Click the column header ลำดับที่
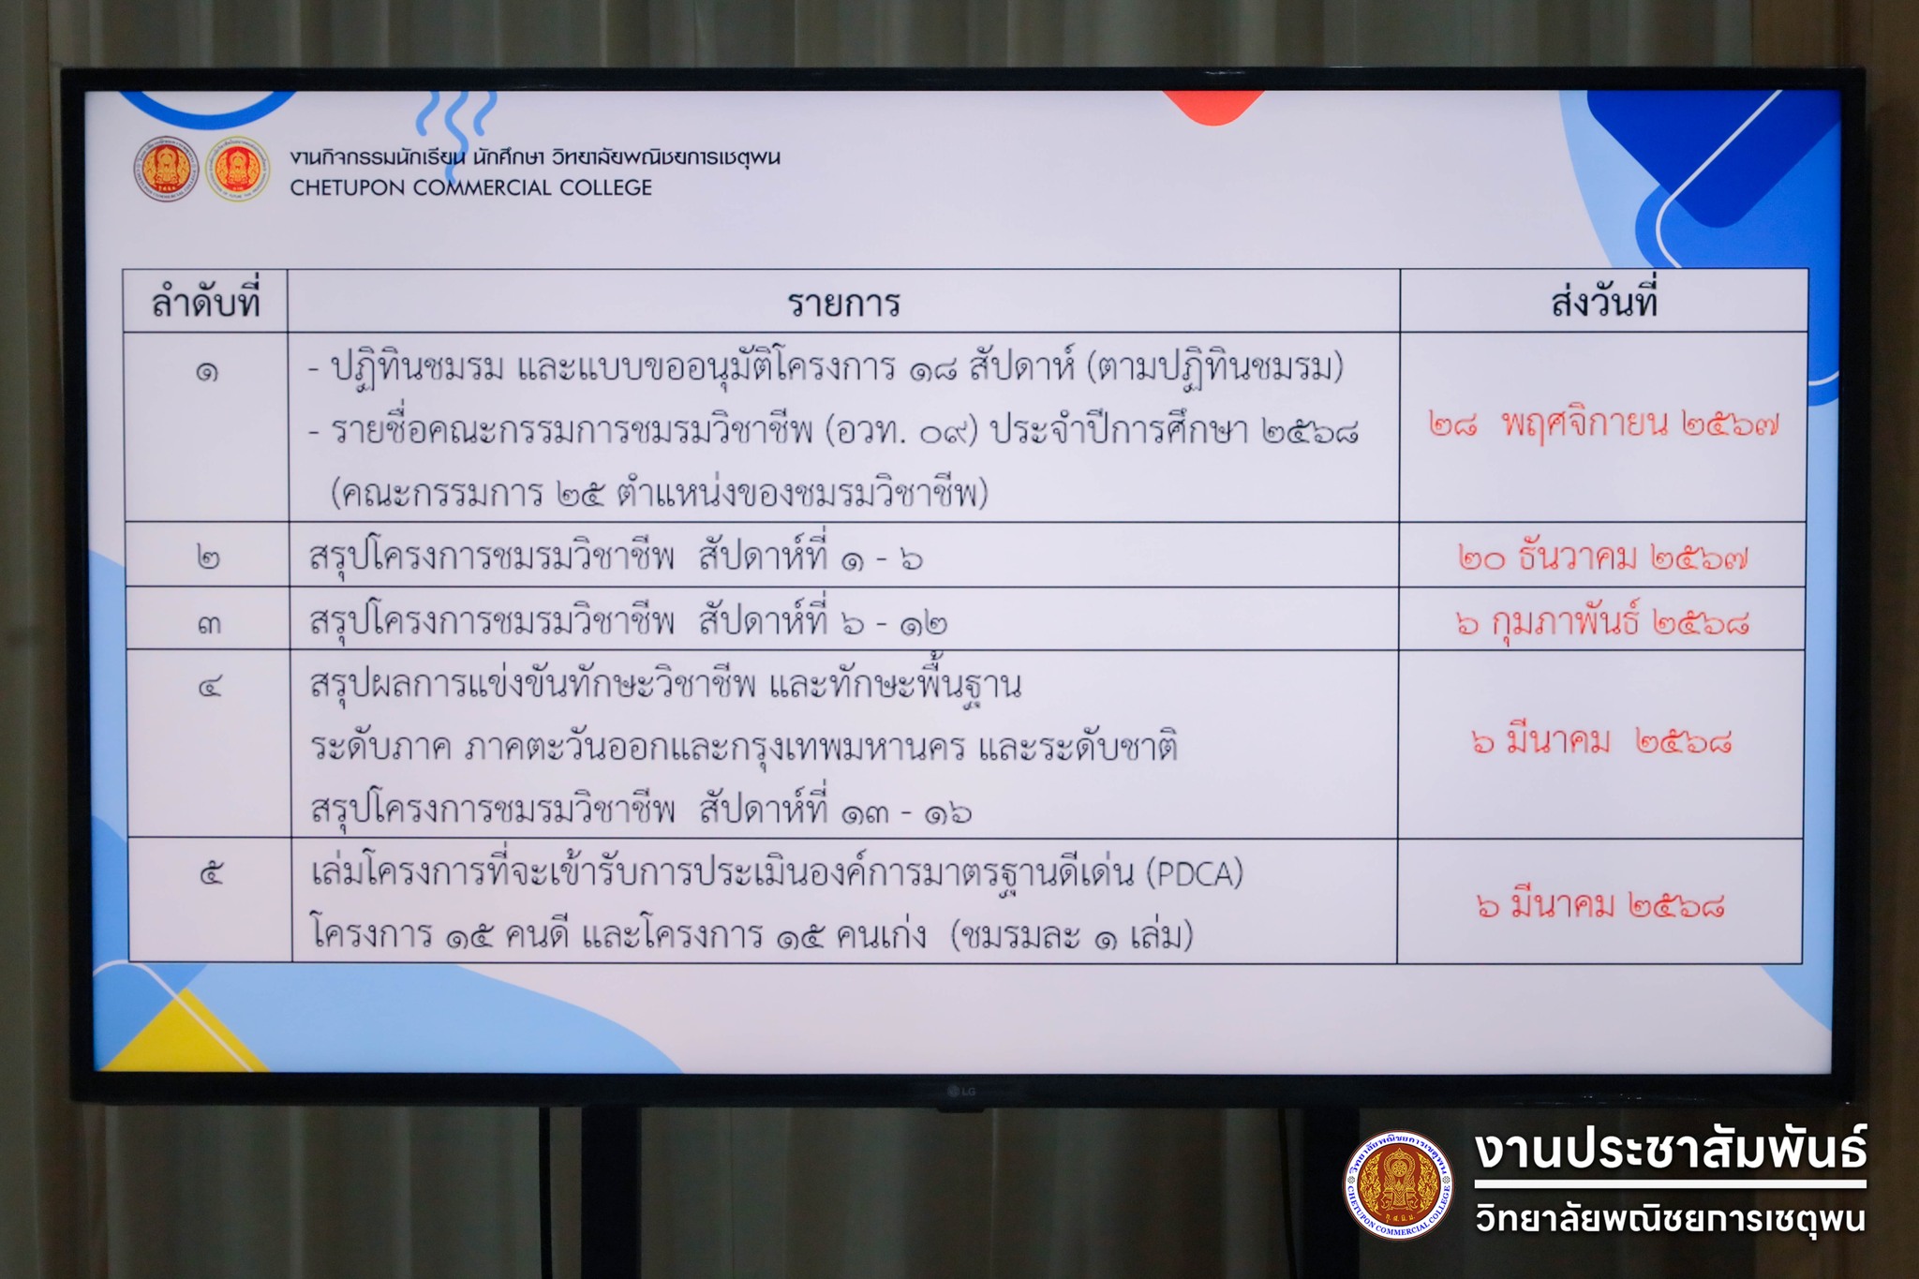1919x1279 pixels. [205, 302]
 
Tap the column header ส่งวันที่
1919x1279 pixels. [1604, 301]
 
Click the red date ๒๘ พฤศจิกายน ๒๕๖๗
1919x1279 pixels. [1603, 424]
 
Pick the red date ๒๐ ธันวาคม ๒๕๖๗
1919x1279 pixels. [1602, 558]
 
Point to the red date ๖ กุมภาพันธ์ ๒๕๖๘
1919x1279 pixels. [1602, 621]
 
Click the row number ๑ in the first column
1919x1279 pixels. [207, 372]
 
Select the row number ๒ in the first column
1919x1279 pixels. [208, 558]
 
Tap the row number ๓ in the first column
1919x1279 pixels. [209, 623]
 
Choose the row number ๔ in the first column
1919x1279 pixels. [210, 687]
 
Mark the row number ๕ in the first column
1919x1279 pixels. [211, 874]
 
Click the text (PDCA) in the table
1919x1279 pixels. [1195, 873]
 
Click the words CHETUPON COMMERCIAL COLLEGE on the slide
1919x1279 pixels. [470, 187]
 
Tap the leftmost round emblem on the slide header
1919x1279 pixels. [166, 170]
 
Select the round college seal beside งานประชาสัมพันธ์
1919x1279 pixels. [1397, 1185]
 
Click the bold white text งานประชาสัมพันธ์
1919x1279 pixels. [1670, 1151]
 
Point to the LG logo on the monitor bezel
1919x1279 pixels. [960, 1091]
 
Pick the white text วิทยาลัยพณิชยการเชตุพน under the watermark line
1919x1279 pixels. [1670, 1219]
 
